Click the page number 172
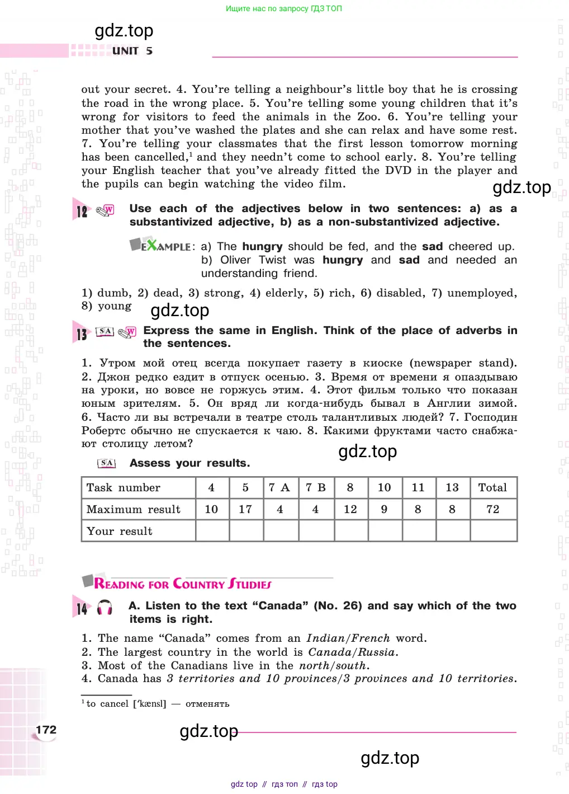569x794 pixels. coord(46,730)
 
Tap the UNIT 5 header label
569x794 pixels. coord(132,51)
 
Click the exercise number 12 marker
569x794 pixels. coord(82,212)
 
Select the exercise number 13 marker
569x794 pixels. coord(82,334)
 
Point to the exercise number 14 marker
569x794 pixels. coord(82,608)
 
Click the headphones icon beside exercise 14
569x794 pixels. coord(105,608)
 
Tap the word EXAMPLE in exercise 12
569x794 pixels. coord(165,246)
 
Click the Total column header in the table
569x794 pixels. coord(492,487)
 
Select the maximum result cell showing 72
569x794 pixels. coord(492,509)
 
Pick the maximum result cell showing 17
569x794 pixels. coord(245,509)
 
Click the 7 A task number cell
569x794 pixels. coord(279,487)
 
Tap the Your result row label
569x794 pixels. coord(120,531)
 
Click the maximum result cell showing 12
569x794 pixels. coord(350,509)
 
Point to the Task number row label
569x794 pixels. coord(124,487)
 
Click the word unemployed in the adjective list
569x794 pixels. coord(481,293)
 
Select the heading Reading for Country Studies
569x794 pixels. coord(183,584)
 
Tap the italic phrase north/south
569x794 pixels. coord(333,665)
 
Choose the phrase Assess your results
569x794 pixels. coord(189,463)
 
